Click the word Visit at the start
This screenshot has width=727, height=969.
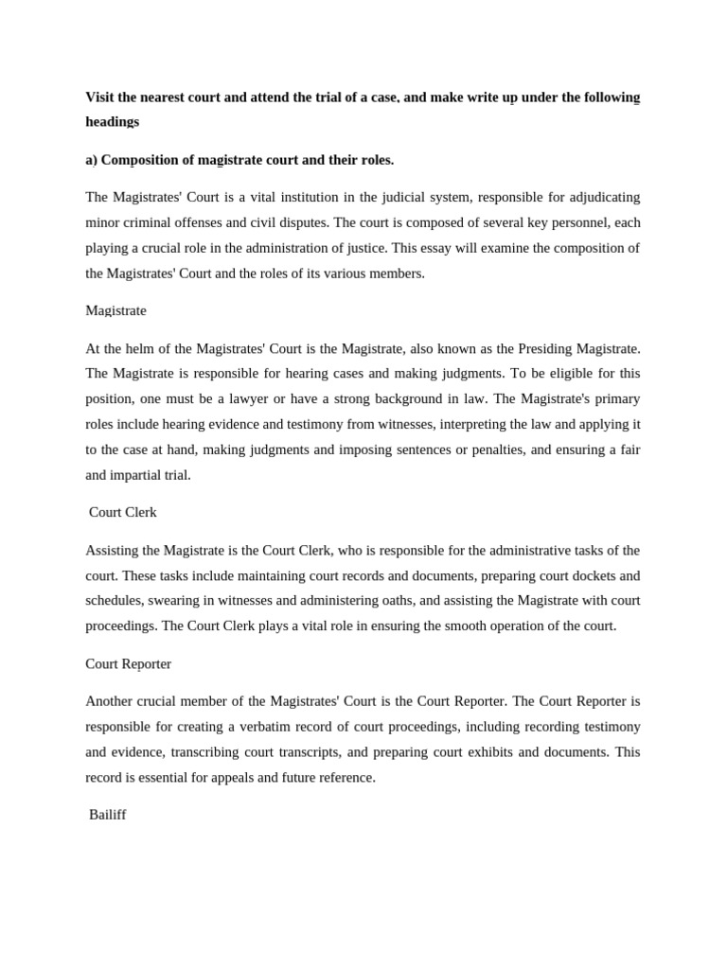pyautogui.click(x=100, y=97)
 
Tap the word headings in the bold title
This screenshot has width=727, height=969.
pyautogui.click(x=113, y=121)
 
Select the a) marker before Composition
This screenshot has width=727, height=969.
pyautogui.click(x=92, y=160)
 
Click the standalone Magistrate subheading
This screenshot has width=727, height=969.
pyautogui.click(x=115, y=310)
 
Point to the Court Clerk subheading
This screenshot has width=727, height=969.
pyautogui.click(x=122, y=512)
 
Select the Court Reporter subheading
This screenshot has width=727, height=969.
pyautogui.click(x=128, y=663)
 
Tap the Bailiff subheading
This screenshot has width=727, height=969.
pyautogui.click(x=107, y=814)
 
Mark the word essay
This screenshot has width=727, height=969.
pyautogui.click(x=452, y=248)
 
